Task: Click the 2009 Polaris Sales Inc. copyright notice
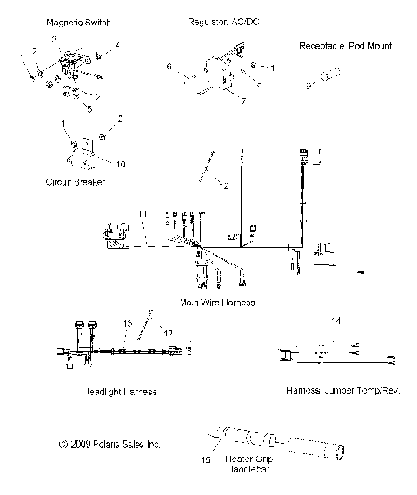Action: [x=109, y=444]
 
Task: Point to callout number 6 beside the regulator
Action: [x=170, y=65]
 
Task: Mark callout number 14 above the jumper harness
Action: [x=336, y=322]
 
